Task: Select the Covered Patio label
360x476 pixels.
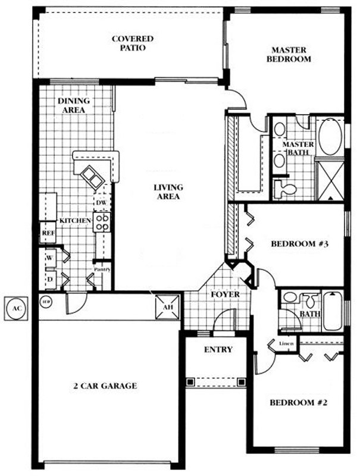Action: (133, 43)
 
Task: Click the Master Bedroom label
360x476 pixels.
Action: (289, 55)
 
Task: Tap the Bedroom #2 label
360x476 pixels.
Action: (299, 403)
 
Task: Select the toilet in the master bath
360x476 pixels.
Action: (287, 189)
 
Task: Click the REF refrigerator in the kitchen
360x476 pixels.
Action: (48, 233)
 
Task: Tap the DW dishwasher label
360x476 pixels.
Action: (101, 203)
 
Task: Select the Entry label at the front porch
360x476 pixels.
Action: (218, 350)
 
